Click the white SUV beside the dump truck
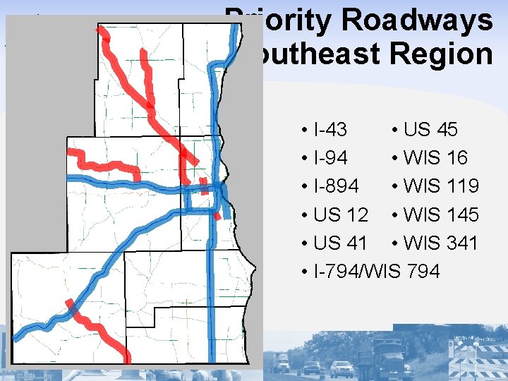tap(342, 368)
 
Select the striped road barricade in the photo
tap(480, 363)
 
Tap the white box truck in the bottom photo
tap(282, 362)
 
